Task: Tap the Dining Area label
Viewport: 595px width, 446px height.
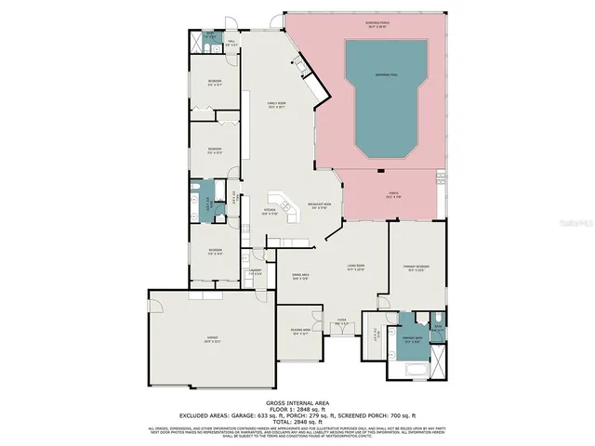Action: [x=299, y=276]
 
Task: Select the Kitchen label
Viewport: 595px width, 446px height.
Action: [x=270, y=212]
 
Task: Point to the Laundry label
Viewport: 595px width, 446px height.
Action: [x=255, y=272]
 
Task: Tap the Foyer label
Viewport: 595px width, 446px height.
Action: [x=341, y=323]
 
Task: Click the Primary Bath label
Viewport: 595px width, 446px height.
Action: [x=411, y=339]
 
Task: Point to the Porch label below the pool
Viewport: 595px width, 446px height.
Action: [x=394, y=194]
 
